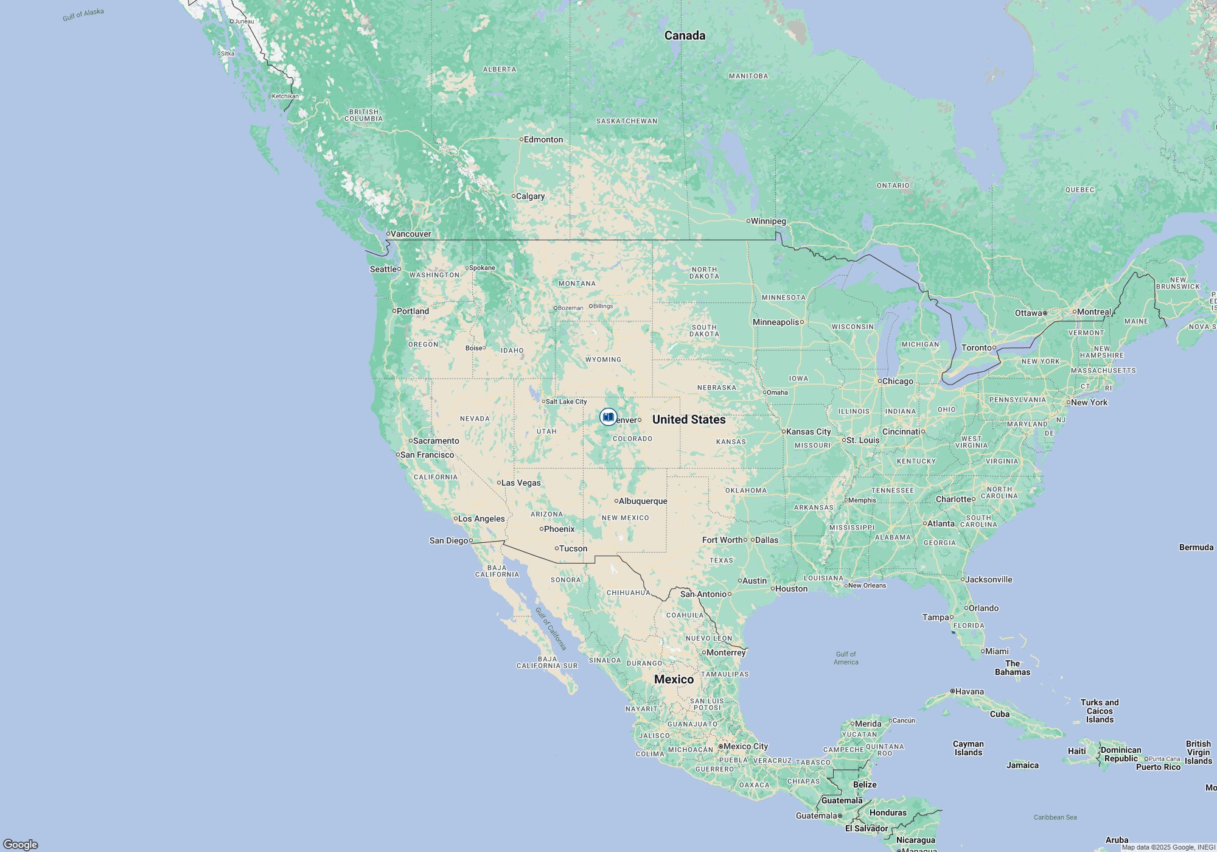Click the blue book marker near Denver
tap(608, 417)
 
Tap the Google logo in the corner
tap(21, 844)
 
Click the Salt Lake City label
tap(566, 402)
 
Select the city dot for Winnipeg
tap(748, 221)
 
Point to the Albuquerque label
tap(643, 501)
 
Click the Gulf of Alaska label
tap(83, 15)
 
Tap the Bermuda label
tap(1196, 547)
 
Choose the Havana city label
tap(969, 691)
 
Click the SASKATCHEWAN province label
tap(626, 121)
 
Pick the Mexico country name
tap(674, 679)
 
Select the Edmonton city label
tap(543, 139)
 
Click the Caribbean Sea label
tap(1055, 817)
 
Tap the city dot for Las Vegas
tap(499, 483)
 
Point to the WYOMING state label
tap(603, 360)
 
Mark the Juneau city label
tap(244, 21)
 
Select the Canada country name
tap(685, 35)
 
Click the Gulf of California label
tap(551, 628)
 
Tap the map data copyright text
tap(1168, 847)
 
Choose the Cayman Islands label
tap(968, 748)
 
